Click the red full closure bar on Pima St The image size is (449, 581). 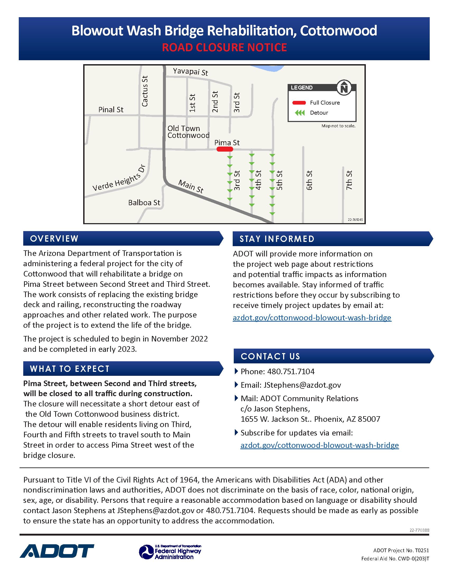pos(225,149)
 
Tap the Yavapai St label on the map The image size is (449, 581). pos(190,72)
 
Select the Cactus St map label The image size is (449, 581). pos(145,91)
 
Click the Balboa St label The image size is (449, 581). pos(144,203)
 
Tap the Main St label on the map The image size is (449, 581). pos(191,186)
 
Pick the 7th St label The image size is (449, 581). pos(349,180)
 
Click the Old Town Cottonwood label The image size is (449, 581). pos(188,132)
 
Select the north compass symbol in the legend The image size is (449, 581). pos(344,87)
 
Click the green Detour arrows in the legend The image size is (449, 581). pos(300,113)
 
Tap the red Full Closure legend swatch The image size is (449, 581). pos(299,103)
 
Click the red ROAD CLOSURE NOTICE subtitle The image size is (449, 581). pos(224,48)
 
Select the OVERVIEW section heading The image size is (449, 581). pos(54,239)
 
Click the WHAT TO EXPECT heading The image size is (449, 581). pos(70,369)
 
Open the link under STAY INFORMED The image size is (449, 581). pos(312,318)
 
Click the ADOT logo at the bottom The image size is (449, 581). pos(57,551)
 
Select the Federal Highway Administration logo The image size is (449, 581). pos(170,552)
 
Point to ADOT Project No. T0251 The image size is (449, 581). pos(401,550)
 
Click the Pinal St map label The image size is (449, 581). pos(111,110)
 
